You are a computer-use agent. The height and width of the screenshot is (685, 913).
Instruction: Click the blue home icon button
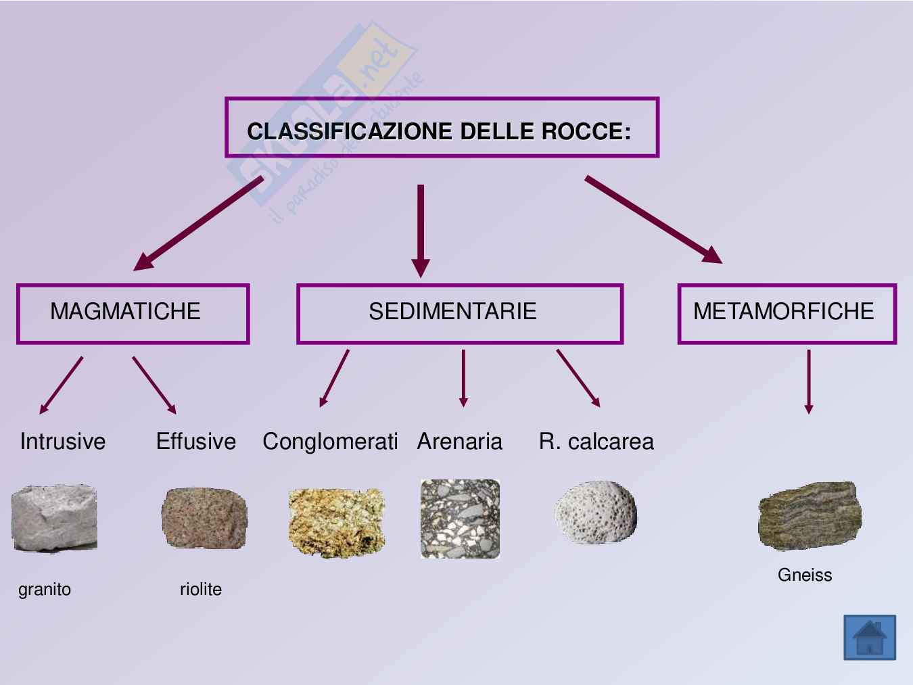point(870,637)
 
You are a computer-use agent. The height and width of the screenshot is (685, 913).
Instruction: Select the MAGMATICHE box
point(133,313)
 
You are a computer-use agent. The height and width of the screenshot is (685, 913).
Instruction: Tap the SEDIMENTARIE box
point(459,313)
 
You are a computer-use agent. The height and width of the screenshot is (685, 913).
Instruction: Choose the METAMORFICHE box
point(787,313)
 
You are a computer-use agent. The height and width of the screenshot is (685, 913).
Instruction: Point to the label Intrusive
point(63,442)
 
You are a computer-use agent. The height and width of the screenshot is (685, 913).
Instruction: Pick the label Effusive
point(196,442)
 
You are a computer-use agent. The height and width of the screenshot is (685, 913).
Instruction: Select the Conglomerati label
point(330,442)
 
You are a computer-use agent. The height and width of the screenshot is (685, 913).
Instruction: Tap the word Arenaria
point(460,442)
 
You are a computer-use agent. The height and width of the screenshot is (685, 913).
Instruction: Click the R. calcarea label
point(596,442)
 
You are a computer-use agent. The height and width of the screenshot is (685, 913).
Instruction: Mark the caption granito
point(45,589)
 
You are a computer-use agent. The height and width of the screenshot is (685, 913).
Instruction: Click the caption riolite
point(201,589)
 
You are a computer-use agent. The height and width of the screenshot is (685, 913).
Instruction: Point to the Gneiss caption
point(805,575)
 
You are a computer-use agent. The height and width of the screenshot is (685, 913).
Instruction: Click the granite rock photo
point(54,518)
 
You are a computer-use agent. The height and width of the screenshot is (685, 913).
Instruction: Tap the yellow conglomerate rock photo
point(336,523)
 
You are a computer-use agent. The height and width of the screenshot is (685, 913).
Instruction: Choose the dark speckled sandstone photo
point(460,519)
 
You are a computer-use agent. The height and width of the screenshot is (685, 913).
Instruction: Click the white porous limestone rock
point(595,513)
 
